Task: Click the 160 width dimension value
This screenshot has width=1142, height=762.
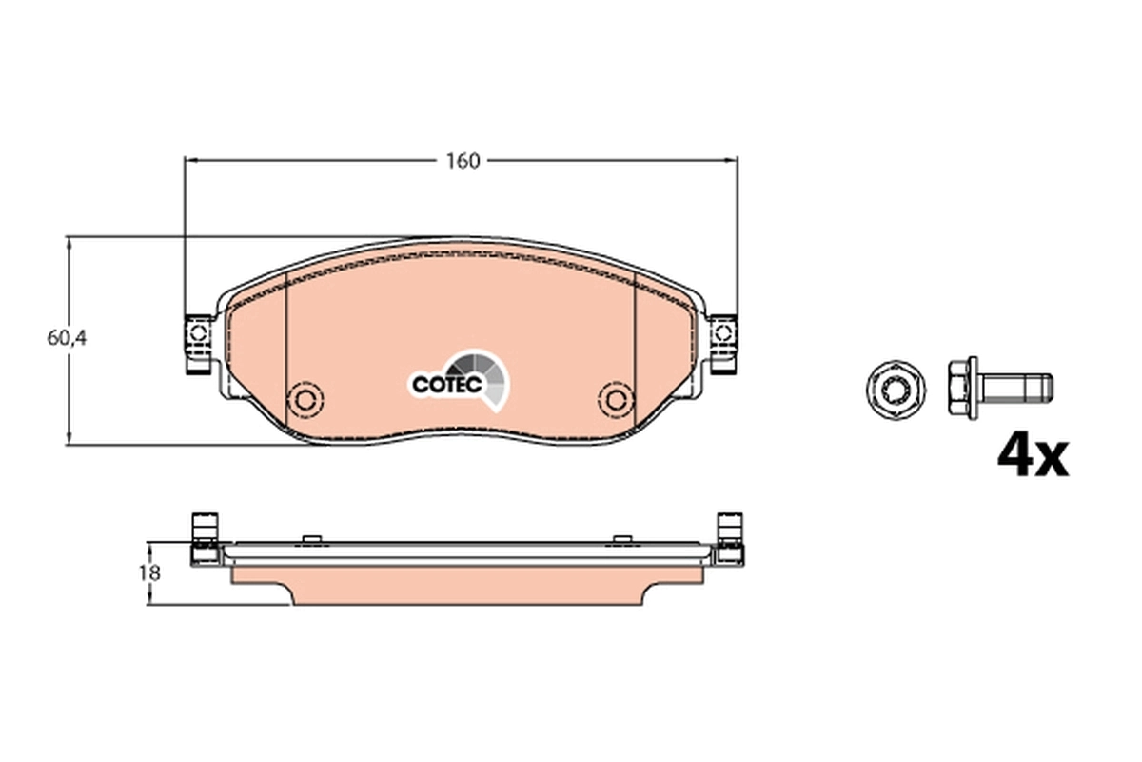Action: [x=463, y=161]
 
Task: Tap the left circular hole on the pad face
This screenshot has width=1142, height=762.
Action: [x=307, y=397]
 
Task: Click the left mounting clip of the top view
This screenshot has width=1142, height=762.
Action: [x=198, y=344]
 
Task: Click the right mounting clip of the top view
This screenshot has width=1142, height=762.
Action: [x=723, y=344]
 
